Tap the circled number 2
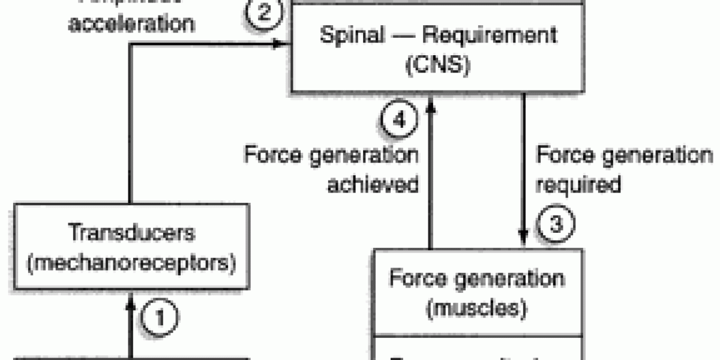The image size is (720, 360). click(x=262, y=13)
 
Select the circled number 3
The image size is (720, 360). click(x=555, y=225)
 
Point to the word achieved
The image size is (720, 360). click(x=372, y=184)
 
